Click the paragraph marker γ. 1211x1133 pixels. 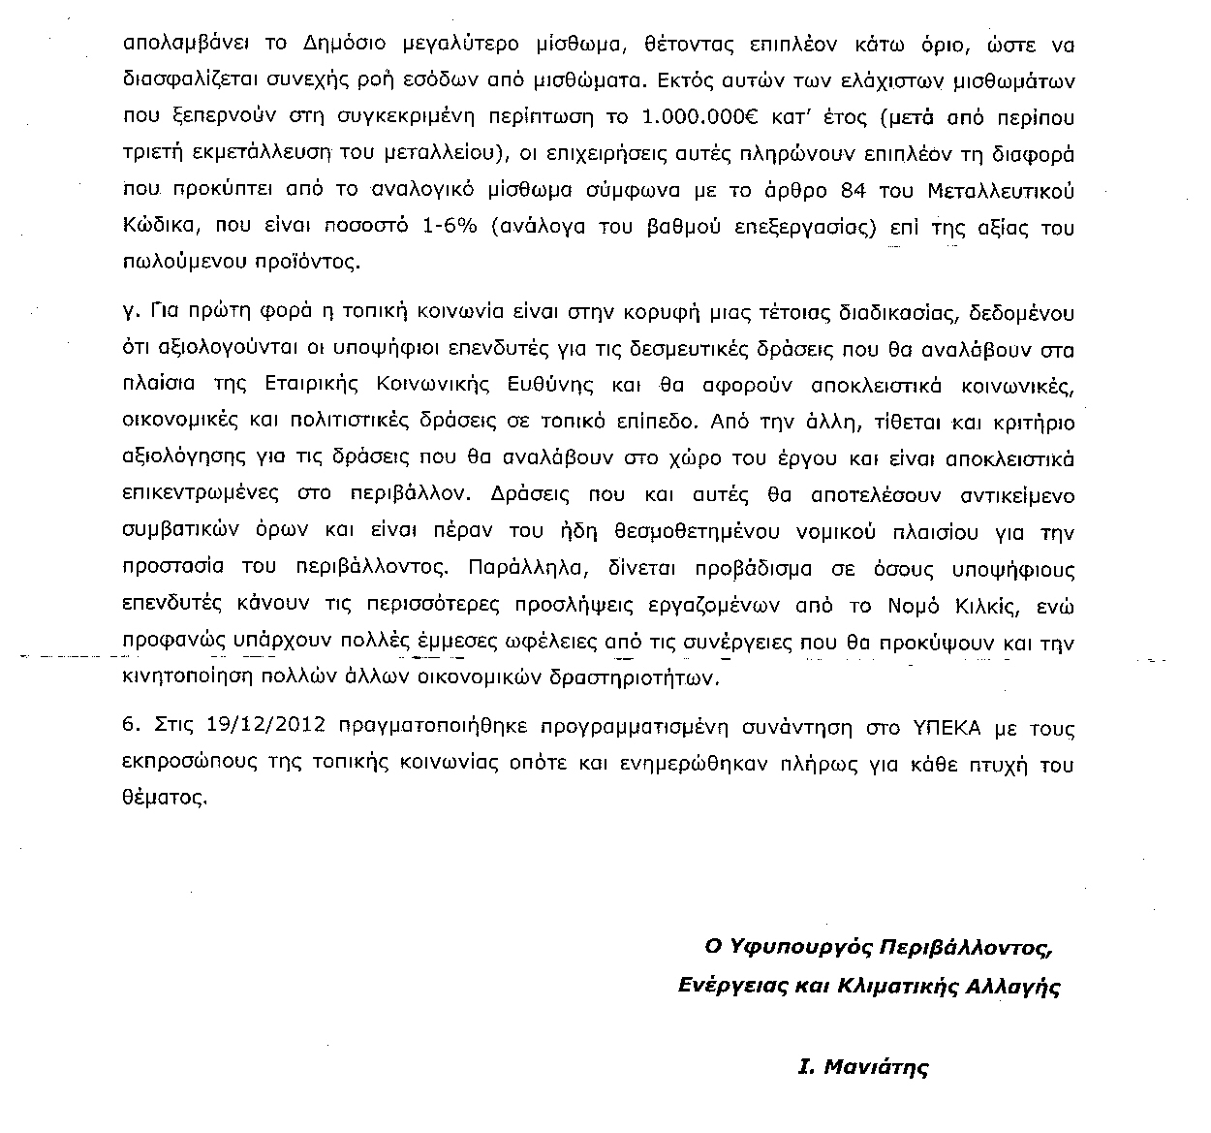click(130, 315)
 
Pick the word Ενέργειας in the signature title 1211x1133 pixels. click(721, 987)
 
